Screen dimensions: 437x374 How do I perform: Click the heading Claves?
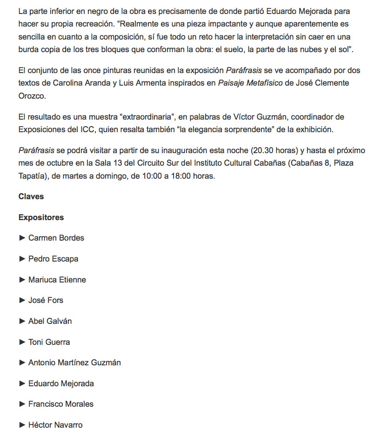pyautogui.click(x=31, y=196)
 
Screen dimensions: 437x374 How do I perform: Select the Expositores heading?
pyautogui.click(x=41, y=217)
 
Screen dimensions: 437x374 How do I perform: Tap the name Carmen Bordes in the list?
pyautogui.click(x=56, y=238)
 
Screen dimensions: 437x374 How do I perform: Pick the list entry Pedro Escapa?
pyautogui.click(x=53, y=259)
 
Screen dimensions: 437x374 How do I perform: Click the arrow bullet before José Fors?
pyautogui.click(x=22, y=300)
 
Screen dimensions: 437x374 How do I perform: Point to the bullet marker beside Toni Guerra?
pyautogui.click(x=22, y=342)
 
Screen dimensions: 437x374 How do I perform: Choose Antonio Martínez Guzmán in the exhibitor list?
pyautogui.click(x=74, y=363)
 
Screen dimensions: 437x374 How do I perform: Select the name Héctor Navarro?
pyautogui.click(x=55, y=425)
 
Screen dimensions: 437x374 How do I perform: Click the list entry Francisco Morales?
pyautogui.click(x=61, y=404)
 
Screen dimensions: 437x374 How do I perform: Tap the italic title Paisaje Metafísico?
pyautogui.click(x=250, y=83)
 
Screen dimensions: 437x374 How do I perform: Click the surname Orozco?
pyautogui.click(x=33, y=95)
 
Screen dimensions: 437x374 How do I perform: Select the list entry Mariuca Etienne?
pyautogui.click(x=57, y=280)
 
